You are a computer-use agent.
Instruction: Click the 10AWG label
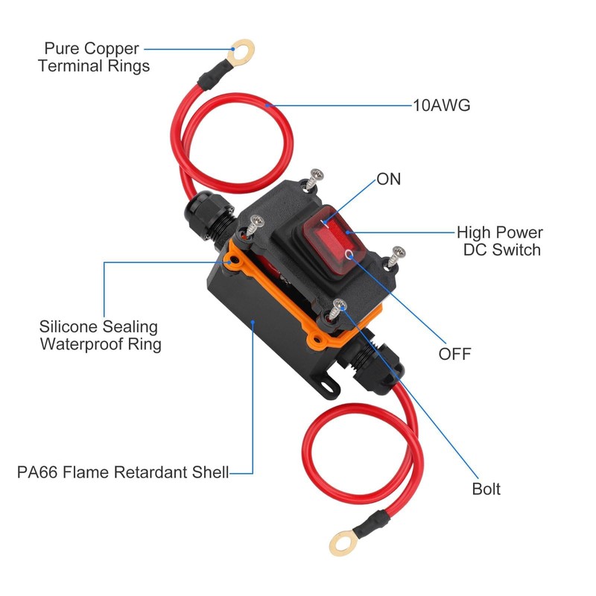point(441,105)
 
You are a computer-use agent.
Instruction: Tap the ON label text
point(388,179)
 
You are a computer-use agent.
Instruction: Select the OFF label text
point(454,354)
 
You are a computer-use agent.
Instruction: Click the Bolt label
point(486,489)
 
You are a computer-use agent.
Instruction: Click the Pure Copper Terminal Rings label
point(94,57)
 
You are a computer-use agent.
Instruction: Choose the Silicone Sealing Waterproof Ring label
point(100,335)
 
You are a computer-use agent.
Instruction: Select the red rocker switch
point(333,240)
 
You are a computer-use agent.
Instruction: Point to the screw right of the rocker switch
point(397,256)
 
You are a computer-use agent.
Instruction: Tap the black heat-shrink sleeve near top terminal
point(212,72)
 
